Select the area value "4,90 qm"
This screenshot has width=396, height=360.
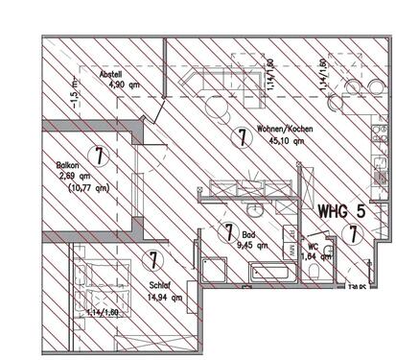123,84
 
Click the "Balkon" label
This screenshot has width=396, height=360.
68,166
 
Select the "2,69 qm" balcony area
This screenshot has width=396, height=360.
73,177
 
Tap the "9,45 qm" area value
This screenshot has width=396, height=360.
251,244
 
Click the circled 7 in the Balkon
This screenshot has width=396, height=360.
97,153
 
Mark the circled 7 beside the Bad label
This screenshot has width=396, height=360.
227,230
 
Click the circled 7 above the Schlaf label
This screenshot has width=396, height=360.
152,259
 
